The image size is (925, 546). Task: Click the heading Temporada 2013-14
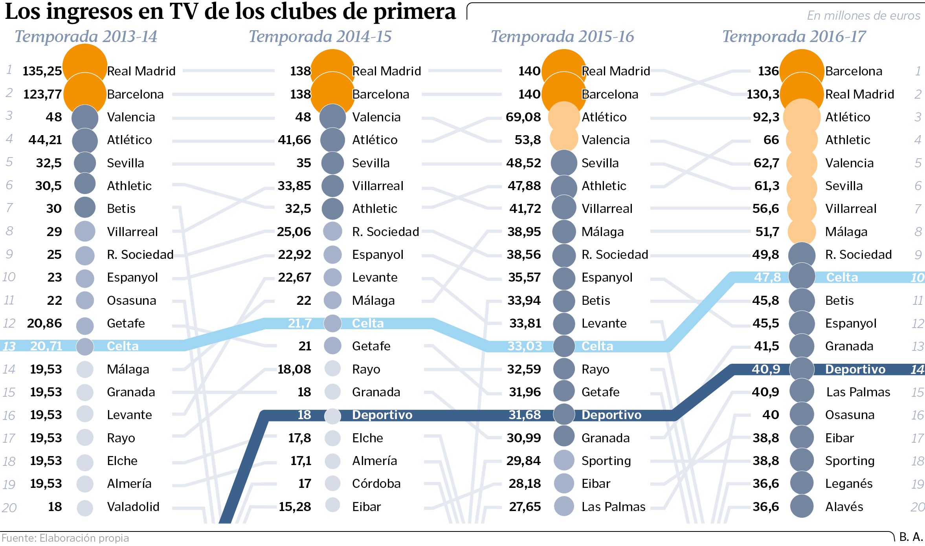click(86, 37)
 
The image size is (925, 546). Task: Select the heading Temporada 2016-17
click(794, 37)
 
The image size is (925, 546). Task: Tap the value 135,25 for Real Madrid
click(42, 71)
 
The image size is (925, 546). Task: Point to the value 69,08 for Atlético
click(523, 117)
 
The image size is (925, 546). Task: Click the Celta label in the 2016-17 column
click(842, 277)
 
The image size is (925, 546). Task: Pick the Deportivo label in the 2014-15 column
click(382, 415)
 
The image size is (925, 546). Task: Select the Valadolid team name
click(133, 507)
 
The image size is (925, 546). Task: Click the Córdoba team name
click(376, 484)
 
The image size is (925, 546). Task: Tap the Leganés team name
click(849, 484)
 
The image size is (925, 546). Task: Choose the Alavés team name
click(844, 507)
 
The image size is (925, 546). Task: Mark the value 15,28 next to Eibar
click(295, 507)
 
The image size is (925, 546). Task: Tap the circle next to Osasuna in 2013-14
click(84, 300)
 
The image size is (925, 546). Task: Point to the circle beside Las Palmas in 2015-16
click(564, 506)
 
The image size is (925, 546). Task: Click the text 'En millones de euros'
click(863, 15)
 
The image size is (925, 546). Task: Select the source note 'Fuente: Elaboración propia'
click(65, 538)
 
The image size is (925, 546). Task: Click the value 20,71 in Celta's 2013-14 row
click(46, 346)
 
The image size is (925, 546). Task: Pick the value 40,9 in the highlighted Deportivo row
click(766, 369)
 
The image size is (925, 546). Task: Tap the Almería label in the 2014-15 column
click(374, 461)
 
